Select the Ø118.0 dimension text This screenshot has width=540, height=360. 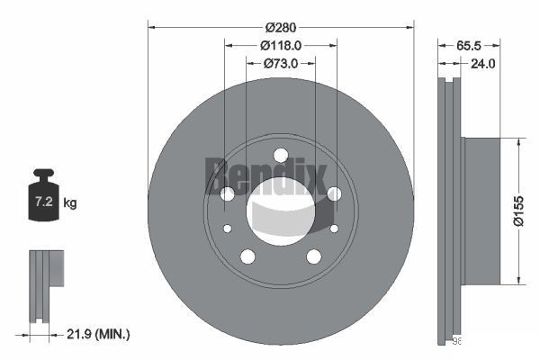click(280, 45)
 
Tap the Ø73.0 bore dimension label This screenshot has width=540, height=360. click(280, 63)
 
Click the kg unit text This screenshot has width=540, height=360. click(70, 203)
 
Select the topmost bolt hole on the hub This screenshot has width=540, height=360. click(280, 154)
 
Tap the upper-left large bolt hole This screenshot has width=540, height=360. click(227, 193)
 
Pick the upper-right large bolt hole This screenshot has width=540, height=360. click(334, 193)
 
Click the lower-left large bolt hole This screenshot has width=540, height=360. click(247, 256)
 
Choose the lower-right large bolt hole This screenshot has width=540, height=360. click(313, 256)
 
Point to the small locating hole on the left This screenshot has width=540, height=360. click(228, 229)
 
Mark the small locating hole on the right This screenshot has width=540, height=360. click(333, 229)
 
